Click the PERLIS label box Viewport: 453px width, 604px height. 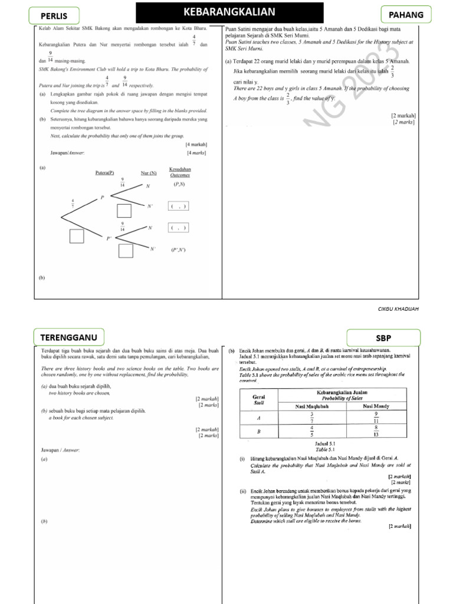pyautogui.click(x=54, y=15)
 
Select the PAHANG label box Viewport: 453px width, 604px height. pyautogui.click(x=406, y=15)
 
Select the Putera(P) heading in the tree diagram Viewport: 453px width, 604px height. pyautogui.click(x=104, y=173)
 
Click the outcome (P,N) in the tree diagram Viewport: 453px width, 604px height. pyautogui.click(x=179, y=185)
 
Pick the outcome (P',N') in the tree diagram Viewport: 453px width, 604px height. pyautogui.click(x=178, y=250)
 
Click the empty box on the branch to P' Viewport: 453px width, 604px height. pyautogui.click(x=77, y=237)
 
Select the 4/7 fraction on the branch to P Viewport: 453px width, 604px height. pyautogui.click(x=73, y=203)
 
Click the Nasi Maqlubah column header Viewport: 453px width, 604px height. pyautogui.click(x=311, y=406)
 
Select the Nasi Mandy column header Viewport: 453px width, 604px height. pyautogui.click(x=375, y=406)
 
